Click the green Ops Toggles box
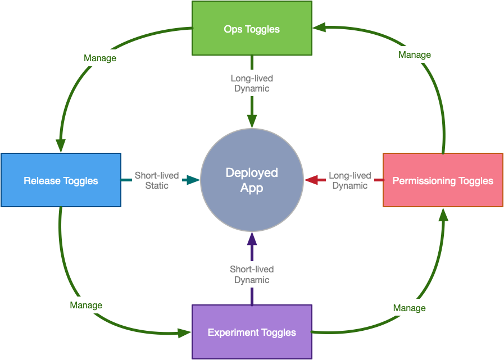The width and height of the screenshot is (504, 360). [252, 28]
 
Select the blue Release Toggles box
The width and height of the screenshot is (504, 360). [61, 180]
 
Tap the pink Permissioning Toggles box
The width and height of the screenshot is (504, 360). [443, 180]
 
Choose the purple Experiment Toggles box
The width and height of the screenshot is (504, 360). [252, 332]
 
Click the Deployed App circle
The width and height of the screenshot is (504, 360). [252, 180]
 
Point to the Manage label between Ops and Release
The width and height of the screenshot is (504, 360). [100, 58]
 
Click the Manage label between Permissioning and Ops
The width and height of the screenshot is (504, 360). [415, 54]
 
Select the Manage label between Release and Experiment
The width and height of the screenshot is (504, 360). [86, 305]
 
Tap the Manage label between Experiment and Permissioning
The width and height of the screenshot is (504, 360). [409, 308]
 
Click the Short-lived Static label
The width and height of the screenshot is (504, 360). [157, 180]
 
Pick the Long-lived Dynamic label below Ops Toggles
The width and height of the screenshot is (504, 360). [252, 83]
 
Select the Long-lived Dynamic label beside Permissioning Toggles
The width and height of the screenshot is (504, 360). [350, 180]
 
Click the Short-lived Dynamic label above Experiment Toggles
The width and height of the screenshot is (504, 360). [252, 275]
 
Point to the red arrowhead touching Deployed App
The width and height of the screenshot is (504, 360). [311, 180]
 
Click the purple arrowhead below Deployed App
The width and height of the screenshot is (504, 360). [252, 239]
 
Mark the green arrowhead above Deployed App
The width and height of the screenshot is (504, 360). [252, 121]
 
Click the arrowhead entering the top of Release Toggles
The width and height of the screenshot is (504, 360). [60, 145]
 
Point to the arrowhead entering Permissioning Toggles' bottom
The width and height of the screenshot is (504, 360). [443, 215]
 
